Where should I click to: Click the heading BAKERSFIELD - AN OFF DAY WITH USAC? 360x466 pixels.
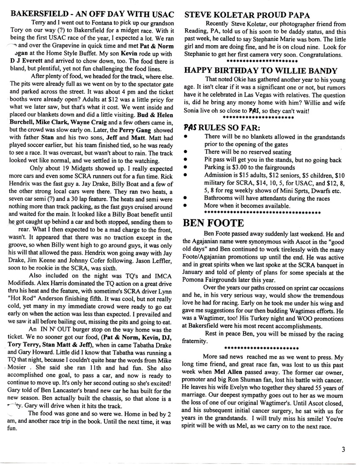(91, 14)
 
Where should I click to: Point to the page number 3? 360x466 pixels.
(343, 450)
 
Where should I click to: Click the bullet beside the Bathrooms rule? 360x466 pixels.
(187, 198)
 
